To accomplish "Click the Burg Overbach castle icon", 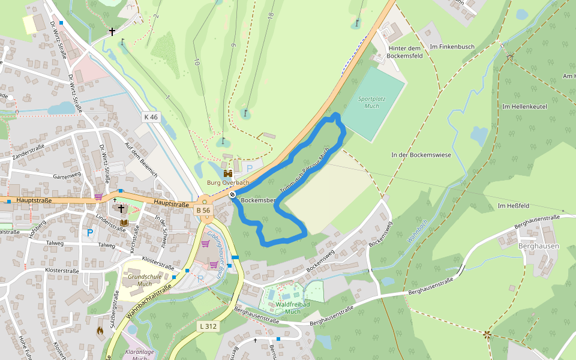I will [x=228, y=173].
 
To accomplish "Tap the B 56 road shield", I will [x=203, y=210].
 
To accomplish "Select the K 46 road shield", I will [x=151, y=117].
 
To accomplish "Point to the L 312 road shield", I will [x=207, y=326].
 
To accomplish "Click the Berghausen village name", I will [x=539, y=246].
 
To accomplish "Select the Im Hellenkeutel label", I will [x=526, y=106].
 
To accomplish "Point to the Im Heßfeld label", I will [x=514, y=206].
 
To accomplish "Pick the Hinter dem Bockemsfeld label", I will [x=406, y=52].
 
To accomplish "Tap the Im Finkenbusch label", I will [x=452, y=46].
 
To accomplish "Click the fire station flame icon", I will [x=100, y=329].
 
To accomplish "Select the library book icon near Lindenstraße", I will [x=124, y=223].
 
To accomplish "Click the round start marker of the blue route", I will [x=232, y=194].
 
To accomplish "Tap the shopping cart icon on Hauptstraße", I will [x=98, y=197].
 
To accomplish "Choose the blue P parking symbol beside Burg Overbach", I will [x=250, y=169].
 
